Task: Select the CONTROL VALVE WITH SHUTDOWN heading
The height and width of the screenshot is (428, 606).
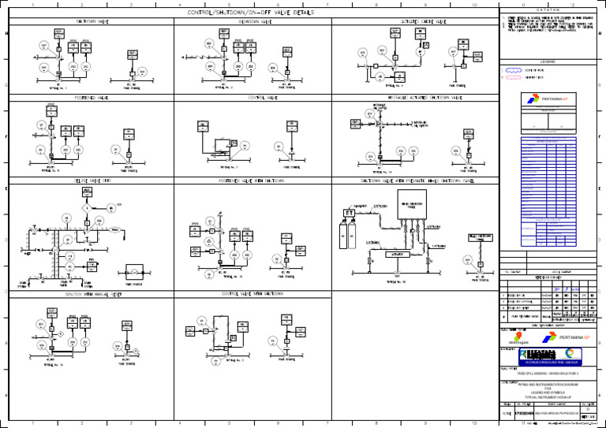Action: pyautogui.click(x=249, y=293)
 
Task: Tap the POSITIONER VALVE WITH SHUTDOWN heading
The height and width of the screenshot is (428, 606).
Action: pyautogui.click(x=249, y=181)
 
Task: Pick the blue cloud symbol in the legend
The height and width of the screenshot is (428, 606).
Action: pyautogui.click(x=513, y=70)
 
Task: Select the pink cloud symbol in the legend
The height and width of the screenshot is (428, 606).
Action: pyautogui.click(x=513, y=79)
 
